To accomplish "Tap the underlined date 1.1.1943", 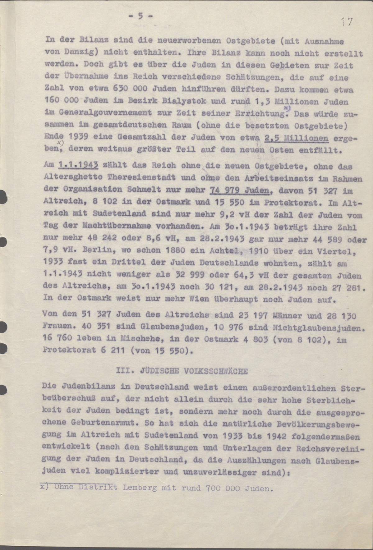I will pyautogui.click(x=78, y=165).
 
